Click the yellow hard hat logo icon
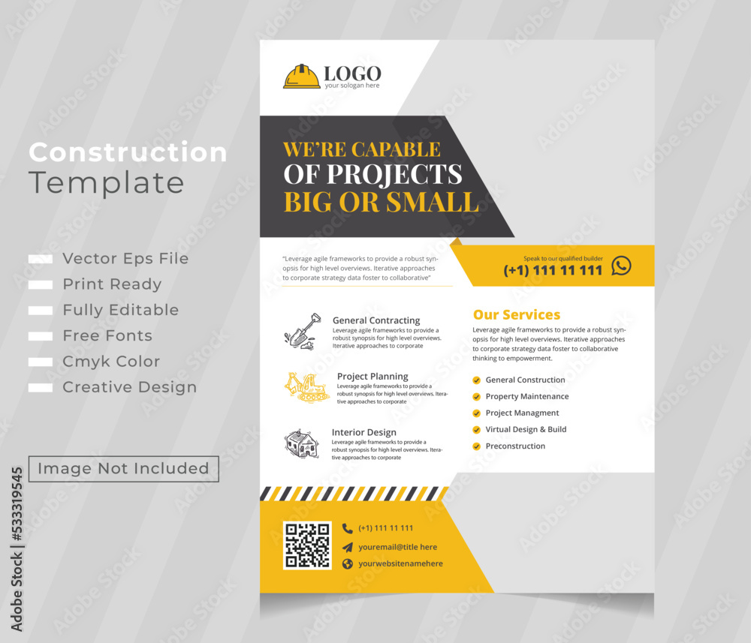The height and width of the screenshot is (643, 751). coord(301,77)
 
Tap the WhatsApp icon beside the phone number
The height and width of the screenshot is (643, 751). coord(621,266)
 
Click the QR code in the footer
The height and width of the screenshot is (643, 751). coord(307,545)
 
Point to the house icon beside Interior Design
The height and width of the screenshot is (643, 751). coord(301,443)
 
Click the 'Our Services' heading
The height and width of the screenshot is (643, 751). coord(517,315)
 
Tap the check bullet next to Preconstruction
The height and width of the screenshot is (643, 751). coord(476,446)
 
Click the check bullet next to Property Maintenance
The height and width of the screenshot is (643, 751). coord(476,397)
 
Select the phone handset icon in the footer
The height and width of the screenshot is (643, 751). coord(347,528)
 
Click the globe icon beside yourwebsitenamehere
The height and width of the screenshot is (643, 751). coord(347,564)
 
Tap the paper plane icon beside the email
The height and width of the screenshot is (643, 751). coord(347,547)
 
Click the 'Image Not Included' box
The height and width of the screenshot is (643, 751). coord(124,469)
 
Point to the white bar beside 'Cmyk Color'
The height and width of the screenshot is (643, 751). coord(41,362)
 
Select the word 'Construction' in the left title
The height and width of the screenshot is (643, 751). coord(128,153)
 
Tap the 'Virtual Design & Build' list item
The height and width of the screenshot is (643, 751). coord(526,430)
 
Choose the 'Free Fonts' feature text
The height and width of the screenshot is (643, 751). coord(107,336)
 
